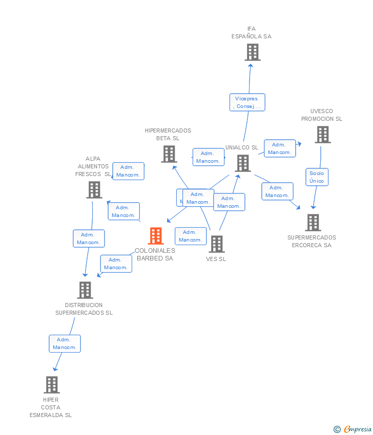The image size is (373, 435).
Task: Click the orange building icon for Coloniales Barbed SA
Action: [x=156, y=236]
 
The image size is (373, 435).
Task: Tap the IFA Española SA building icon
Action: [x=252, y=52]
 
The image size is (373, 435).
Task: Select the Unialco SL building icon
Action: [x=243, y=163]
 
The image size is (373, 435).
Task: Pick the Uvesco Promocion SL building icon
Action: [x=322, y=135]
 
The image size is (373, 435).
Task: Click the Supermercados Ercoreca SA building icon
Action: [x=313, y=223]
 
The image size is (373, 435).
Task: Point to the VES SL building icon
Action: [x=217, y=244]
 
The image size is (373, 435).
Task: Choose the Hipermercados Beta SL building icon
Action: [x=169, y=154]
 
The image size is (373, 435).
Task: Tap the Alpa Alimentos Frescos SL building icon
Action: [x=94, y=190]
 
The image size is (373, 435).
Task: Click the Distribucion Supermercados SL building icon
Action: [x=85, y=290]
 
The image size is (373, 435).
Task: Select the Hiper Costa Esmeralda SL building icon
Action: [x=52, y=385]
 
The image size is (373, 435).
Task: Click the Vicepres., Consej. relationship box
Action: [x=247, y=102]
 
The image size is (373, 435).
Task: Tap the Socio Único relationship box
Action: [x=317, y=177]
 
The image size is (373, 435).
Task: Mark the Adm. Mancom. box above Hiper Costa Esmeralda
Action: [x=65, y=343]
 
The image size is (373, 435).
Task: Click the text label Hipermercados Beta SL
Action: [x=168, y=134]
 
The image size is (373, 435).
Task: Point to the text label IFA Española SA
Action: [x=252, y=33]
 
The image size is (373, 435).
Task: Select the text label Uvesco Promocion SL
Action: [x=322, y=115]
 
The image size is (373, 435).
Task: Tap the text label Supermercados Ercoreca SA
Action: [x=312, y=241]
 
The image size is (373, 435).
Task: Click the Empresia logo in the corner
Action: [x=353, y=429]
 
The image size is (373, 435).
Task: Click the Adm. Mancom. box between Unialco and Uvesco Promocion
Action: [x=280, y=148]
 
